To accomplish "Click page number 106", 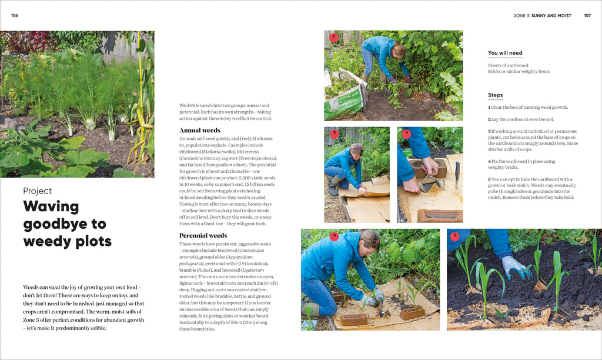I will (15, 15).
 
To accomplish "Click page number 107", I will (587, 15).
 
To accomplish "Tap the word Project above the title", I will (38, 191).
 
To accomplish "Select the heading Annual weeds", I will (199, 130).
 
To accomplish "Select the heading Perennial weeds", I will (203, 235).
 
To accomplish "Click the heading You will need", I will (505, 53).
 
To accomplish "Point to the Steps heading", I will (495, 95).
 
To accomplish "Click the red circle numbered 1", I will (333, 38).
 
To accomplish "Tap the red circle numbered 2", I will (334, 134).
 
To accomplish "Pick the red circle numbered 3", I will (406, 134).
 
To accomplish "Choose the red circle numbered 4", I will (334, 236).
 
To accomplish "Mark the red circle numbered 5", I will (454, 236).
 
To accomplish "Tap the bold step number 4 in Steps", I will (489, 161).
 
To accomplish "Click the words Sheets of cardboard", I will (508, 65).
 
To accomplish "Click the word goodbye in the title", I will (65, 224).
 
